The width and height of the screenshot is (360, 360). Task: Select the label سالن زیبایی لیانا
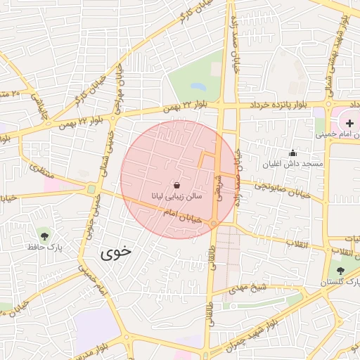[176, 196]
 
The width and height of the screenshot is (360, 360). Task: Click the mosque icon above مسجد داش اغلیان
[292, 153]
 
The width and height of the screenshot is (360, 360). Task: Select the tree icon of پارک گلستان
[341, 271]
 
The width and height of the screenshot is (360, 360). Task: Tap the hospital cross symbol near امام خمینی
[349, 123]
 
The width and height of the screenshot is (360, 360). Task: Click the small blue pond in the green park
[198, 87]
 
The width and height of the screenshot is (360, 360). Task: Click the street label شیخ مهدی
[250, 286]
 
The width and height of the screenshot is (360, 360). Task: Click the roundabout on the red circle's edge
[214, 224]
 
